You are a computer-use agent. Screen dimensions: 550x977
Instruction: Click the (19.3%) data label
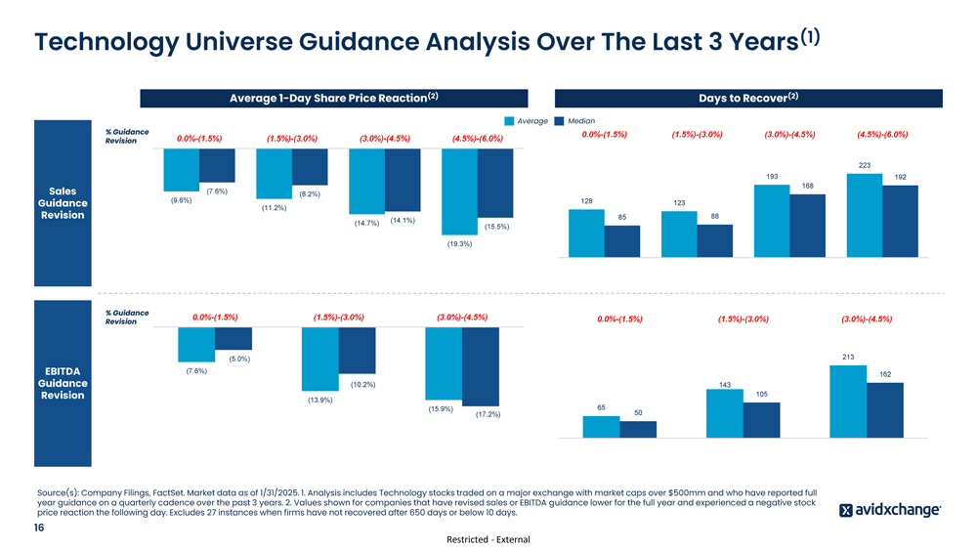point(459,244)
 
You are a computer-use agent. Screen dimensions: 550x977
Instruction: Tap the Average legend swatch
point(509,121)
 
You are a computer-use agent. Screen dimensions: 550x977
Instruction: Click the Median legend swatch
point(560,121)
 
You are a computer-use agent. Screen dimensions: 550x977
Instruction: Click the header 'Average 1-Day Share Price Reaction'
point(333,98)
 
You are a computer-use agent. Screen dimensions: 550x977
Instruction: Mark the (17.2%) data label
point(488,415)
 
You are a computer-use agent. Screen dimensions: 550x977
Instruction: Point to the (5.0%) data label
point(239,359)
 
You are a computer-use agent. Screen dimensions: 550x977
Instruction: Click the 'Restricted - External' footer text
point(488,539)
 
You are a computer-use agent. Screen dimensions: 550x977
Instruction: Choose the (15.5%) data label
point(496,228)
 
